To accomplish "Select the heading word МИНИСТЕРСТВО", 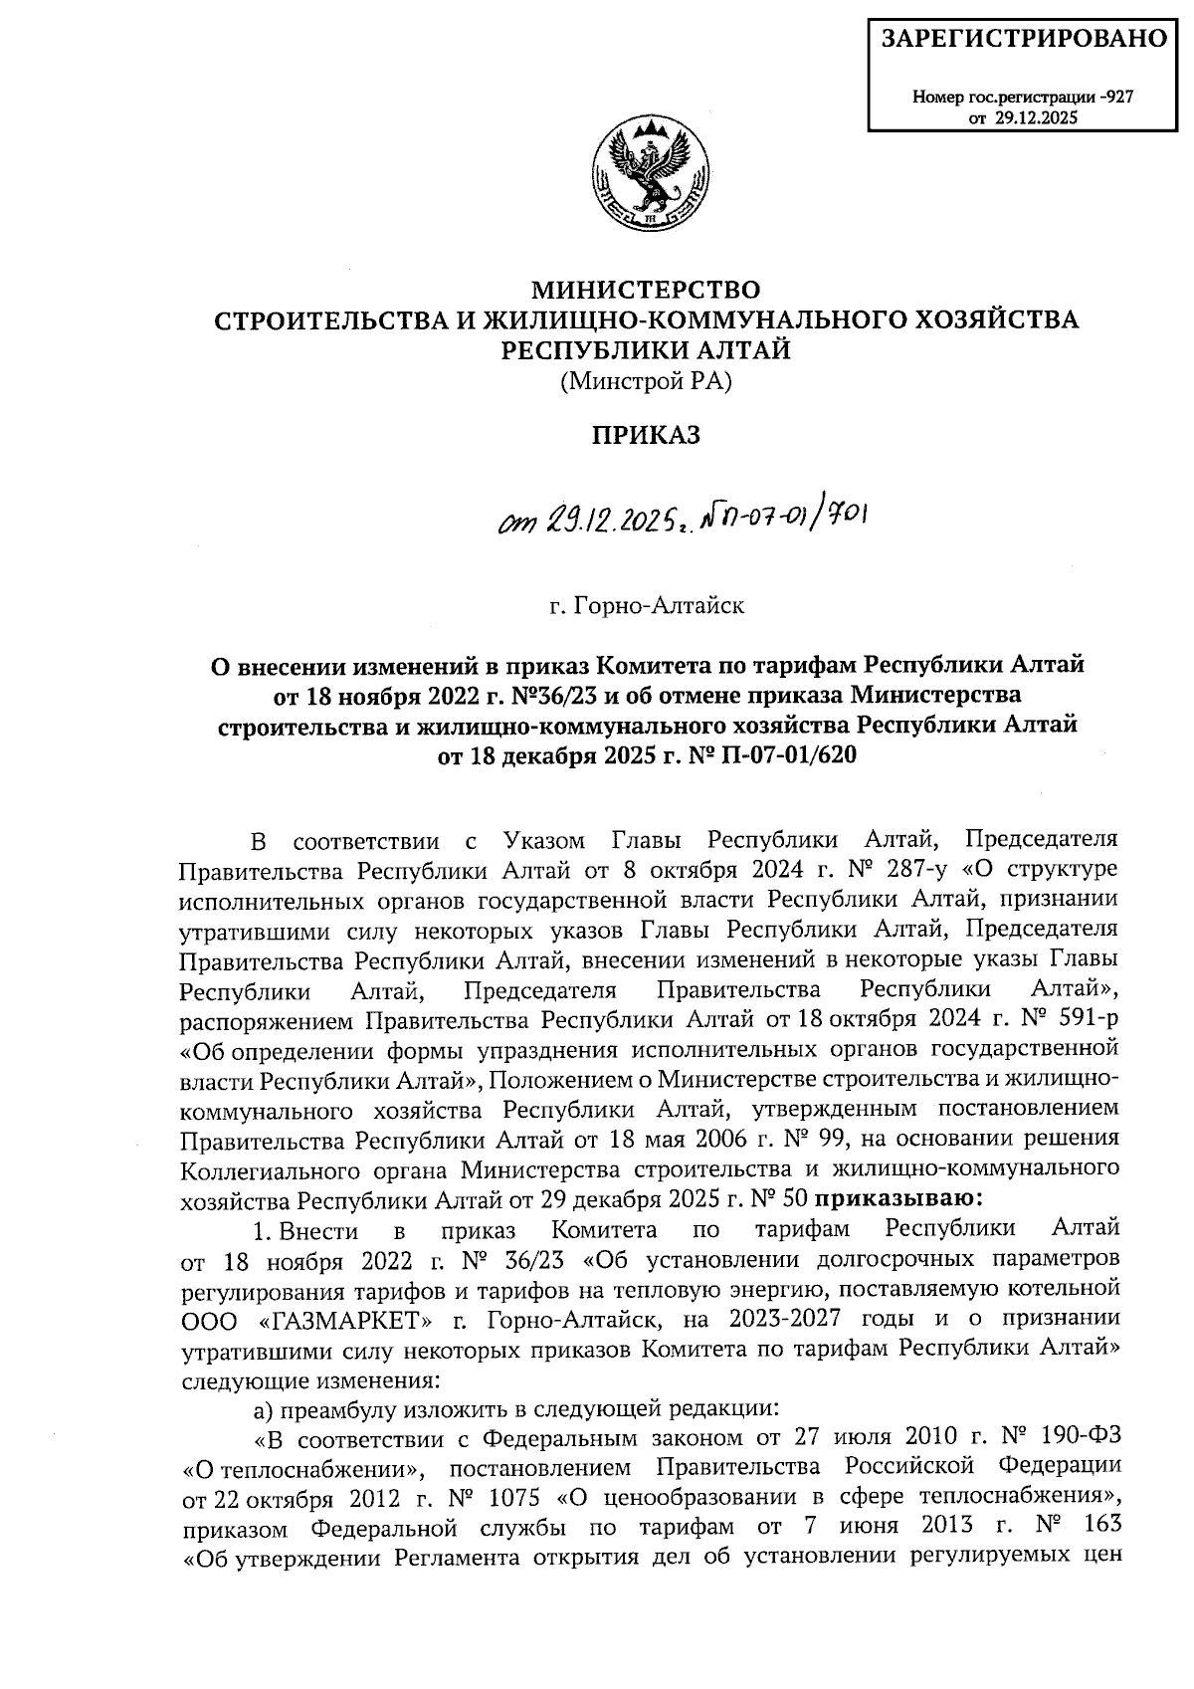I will (x=647, y=290).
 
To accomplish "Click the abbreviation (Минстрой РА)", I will (x=646, y=380).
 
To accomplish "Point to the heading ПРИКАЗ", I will (x=647, y=435).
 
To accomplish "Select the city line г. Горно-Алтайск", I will (x=647, y=605).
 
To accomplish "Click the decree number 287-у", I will (x=916, y=868).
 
